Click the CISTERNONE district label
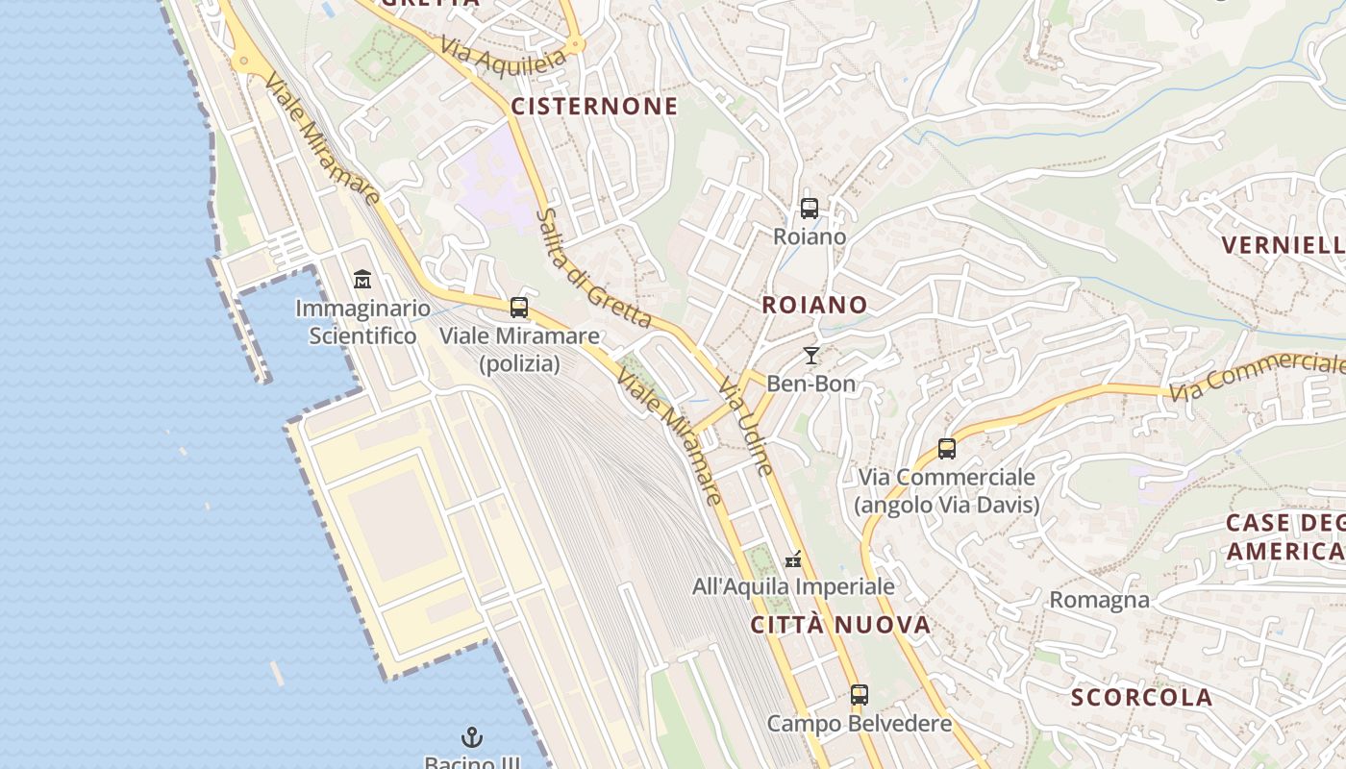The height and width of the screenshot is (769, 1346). click(594, 106)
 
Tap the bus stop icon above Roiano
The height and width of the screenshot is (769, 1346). click(810, 208)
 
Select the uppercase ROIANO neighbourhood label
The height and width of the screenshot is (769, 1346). click(814, 305)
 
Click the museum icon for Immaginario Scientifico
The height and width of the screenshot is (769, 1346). click(362, 280)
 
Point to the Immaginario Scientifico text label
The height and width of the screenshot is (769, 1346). click(362, 322)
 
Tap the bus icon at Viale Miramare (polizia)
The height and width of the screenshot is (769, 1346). click(519, 308)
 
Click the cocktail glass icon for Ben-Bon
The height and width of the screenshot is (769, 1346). click(811, 356)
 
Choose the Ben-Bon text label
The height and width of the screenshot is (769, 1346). click(810, 384)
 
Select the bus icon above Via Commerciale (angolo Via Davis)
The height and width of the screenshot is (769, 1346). click(947, 449)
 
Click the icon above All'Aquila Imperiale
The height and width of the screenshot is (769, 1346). click(793, 558)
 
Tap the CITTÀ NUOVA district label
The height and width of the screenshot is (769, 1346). click(840, 625)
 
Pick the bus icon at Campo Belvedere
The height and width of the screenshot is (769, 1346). click(860, 695)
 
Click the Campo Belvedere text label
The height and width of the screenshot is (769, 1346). click(860, 723)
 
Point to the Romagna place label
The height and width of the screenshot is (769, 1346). click(1099, 600)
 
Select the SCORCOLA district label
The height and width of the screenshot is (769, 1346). click(1141, 697)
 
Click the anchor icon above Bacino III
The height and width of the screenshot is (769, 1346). click(472, 738)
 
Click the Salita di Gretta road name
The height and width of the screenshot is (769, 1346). click(593, 269)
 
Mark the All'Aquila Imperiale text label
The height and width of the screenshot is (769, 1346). click(793, 585)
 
